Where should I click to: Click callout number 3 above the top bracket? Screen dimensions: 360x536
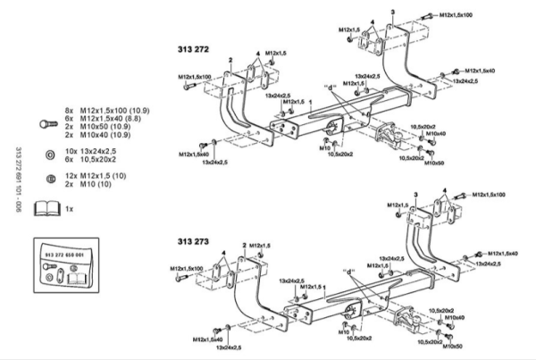[x=391, y=10]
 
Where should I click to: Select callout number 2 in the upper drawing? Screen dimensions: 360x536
[x=230, y=60]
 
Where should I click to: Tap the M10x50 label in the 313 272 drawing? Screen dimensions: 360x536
[x=434, y=163]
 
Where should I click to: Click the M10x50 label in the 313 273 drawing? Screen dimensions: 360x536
[x=454, y=346]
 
